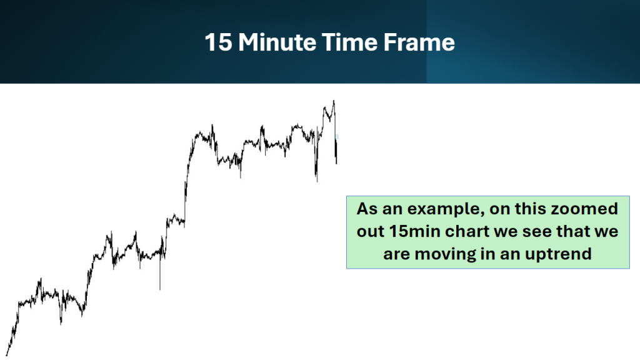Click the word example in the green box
point(445,209)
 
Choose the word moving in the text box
point(444,254)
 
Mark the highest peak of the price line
point(334,101)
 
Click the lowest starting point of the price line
point(6,355)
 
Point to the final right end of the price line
point(336,164)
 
